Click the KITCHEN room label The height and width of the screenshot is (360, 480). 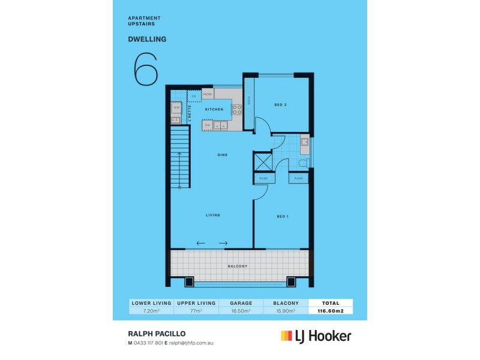click(214, 109)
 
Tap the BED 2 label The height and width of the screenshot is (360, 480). click(280, 105)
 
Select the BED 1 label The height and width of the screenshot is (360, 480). click(283, 216)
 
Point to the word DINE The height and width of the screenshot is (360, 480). click(222, 155)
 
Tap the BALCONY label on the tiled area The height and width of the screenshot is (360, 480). click(238, 266)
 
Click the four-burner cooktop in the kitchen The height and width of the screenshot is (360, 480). click(237, 110)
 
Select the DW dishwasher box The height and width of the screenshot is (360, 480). click(207, 125)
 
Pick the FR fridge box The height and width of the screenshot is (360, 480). click(194, 96)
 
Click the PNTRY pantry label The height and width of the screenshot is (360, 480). click(208, 94)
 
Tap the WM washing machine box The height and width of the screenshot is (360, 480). click(176, 108)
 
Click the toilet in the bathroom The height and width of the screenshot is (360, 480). click(304, 163)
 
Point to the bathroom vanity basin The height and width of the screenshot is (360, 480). click(304, 143)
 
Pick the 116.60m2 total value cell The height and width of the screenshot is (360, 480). click(330, 311)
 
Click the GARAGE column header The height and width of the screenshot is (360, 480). click(240, 303)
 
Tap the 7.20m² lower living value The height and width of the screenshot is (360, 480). click(151, 311)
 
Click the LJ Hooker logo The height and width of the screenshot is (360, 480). click(316, 336)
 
